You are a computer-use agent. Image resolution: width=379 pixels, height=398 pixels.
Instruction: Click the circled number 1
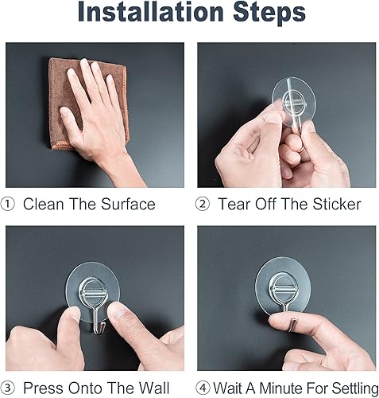click(x=9, y=205)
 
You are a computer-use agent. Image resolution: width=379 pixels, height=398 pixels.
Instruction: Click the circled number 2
click(x=203, y=205)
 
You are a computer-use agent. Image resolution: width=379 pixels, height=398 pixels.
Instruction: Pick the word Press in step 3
click(x=40, y=390)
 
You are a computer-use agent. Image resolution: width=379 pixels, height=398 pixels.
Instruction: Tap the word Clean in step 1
click(x=42, y=205)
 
